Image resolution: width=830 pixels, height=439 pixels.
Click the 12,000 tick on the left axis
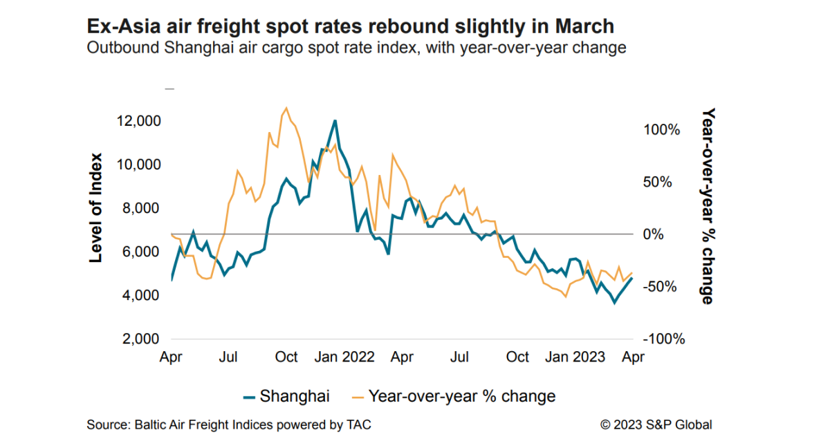click(x=139, y=121)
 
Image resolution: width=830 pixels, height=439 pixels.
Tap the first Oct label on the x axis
click(x=286, y=357)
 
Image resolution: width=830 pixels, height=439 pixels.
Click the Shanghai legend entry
click(x=286, y=396)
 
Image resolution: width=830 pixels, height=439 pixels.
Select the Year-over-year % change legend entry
click(x=454, y=396)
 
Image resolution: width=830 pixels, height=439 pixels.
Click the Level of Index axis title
click(x=96, y=207)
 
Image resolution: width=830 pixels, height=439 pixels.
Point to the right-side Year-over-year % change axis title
click(x=706, y=206)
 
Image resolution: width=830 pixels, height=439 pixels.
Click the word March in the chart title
click(x=580, y=26)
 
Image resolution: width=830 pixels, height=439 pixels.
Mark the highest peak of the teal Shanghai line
click(x=335, y=121)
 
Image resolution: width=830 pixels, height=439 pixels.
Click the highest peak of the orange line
click(x=286, y=108)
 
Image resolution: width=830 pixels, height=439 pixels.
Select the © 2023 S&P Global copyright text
click(x=656, y=424)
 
